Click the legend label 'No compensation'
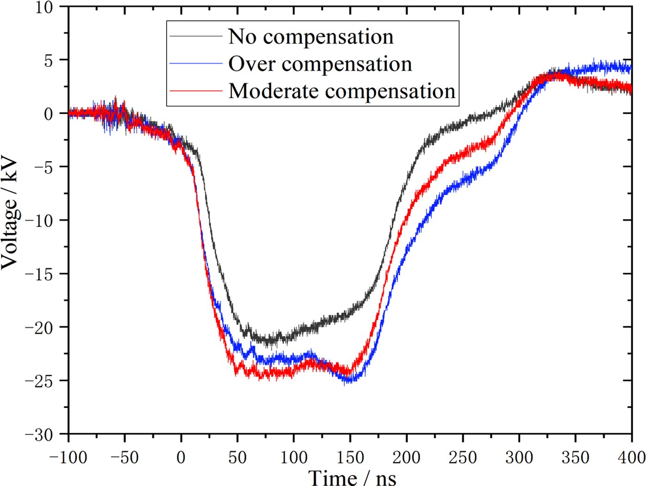311,36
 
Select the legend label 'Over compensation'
320,64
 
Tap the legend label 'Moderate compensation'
342,91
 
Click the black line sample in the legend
196,36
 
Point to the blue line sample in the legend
196,63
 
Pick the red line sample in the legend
196,90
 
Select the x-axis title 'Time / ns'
352,477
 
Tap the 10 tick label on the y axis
44,7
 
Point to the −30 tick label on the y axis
39,434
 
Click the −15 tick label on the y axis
39,274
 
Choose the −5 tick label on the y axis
42,167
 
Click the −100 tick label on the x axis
68,457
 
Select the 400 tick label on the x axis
631,457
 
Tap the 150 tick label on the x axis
350,457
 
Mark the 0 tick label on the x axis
181,457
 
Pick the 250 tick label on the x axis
463,457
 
